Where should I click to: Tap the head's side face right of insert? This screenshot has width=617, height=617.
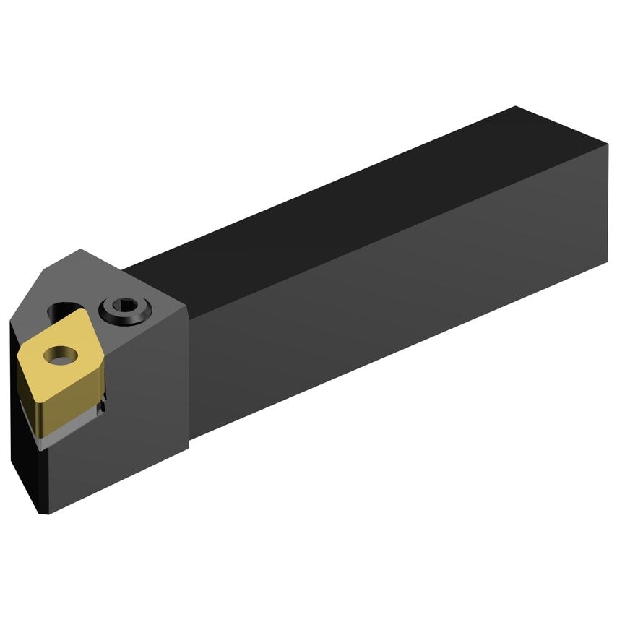[148, 390]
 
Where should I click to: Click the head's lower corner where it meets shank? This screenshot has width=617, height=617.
[189, 449]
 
